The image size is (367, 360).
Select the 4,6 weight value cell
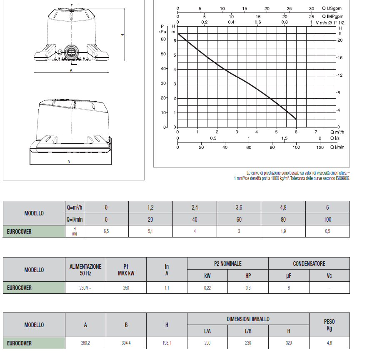(x=329, y=343)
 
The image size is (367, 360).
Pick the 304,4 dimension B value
(x=126, y=343)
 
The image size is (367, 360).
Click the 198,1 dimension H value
(x=167, y=343)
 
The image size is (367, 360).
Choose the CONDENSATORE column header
(x=309, y=264)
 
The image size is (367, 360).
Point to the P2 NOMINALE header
(x=227, y=264)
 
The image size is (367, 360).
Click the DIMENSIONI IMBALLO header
(x=248, y=319)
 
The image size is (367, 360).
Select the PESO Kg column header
(x=329, y=325)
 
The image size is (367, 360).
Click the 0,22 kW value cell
(x=207, y=288)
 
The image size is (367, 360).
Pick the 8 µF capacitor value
(x=288, y=288)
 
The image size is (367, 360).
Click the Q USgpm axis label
(x=332, y=8)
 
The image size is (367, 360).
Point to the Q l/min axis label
(x=338, y=147)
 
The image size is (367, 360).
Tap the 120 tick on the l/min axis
(x=320, y=147)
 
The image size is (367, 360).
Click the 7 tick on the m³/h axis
(x=316, y=132)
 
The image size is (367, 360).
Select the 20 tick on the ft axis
(x=340, y=40)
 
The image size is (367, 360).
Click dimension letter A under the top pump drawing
(x=71, y=71)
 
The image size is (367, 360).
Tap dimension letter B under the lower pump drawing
(x=68, y=162)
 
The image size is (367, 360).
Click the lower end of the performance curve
(x=296, y=119)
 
